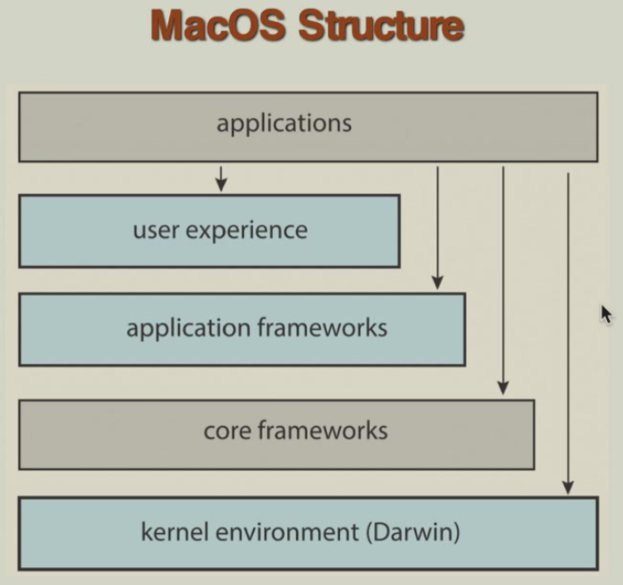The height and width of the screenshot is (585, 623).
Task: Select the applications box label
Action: pos(284,122)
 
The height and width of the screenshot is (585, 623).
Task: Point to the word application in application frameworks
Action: pos(188,329)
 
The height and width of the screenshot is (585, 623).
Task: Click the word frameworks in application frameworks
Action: pos(322,328)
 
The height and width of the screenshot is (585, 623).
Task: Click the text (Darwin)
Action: pos(411,532)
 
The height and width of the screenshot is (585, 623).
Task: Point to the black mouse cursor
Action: pos(606,314)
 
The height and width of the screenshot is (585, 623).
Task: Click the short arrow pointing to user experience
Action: pos(221,178)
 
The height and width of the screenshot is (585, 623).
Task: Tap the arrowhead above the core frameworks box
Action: pos(503,387)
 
